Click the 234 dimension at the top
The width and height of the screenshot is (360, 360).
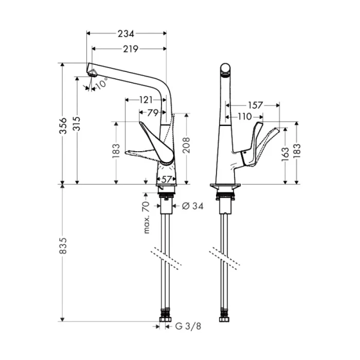coord(127,34)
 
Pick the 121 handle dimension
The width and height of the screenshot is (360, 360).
coord(147,99)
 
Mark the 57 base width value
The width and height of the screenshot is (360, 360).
coord(166,179)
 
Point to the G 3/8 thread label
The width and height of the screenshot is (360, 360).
coord(187,326)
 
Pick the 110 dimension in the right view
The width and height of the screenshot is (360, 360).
coord(245,117)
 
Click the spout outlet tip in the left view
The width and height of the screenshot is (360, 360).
coord(91,70)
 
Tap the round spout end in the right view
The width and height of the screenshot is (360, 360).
coord(225,69)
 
